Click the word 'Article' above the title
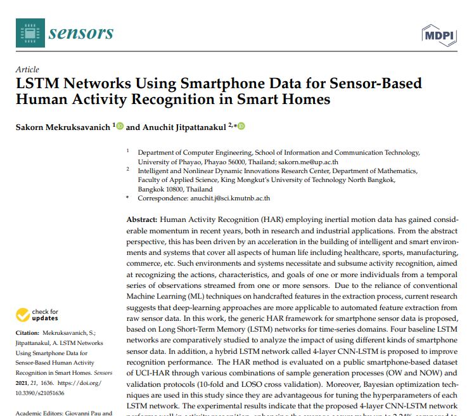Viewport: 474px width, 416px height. (x=28, y=70)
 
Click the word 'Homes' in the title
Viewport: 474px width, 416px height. (x=307, y=100)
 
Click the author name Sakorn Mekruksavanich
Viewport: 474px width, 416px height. (x=63, y=127)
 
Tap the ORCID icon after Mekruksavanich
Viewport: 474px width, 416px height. (x=120, y=126)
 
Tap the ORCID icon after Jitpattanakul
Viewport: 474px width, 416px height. (x=241, y=126)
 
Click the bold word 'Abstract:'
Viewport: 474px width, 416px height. (x=138, y=219)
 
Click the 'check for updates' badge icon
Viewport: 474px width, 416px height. (x=23, y=315)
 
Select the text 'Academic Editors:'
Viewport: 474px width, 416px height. (x=42, y=413)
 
